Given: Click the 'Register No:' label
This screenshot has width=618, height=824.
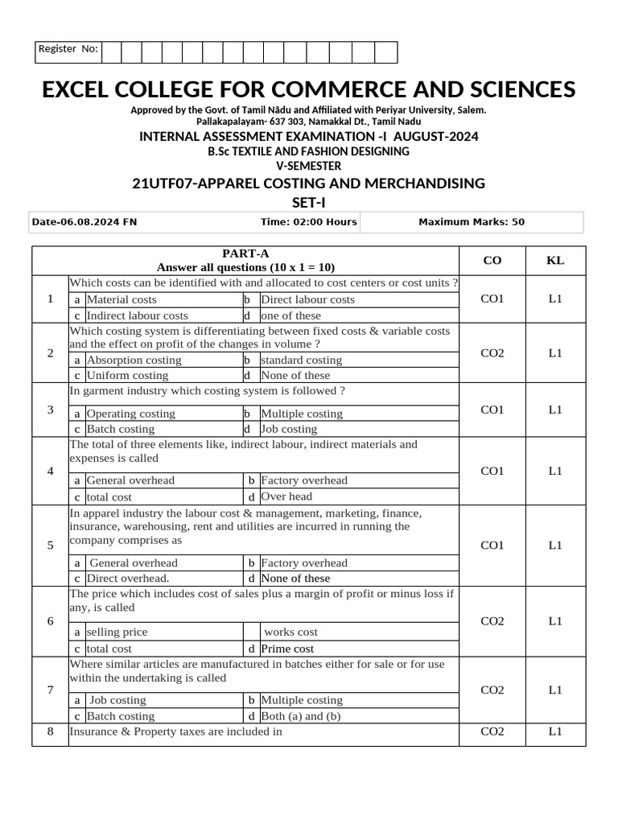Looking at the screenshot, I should (68, 50).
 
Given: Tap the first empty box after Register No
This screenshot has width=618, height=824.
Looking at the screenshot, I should (111, 51).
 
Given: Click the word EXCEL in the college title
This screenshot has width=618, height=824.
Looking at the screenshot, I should (88, 89).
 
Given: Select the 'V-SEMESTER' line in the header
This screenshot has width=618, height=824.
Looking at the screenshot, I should (308, 166).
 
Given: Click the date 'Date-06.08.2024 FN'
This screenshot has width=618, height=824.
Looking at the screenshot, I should (85, 222).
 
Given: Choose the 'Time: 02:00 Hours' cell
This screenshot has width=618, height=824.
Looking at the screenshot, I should (308, 222).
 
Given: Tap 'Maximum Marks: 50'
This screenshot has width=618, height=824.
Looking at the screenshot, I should (472, 222).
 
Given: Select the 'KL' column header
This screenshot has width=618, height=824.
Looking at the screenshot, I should (555, 260).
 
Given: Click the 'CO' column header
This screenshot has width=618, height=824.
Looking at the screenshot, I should (492, 260).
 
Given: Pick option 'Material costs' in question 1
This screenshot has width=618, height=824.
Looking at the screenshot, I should (122, 299).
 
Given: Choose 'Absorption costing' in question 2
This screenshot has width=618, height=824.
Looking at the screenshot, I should (134, 360).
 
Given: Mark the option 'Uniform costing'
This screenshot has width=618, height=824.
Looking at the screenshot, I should (127, 375).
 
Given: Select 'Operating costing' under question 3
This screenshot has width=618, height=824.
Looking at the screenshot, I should (130, 414).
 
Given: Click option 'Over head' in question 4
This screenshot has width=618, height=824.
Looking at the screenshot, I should (286, 496).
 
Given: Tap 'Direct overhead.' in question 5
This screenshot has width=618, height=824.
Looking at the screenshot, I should (128, 578).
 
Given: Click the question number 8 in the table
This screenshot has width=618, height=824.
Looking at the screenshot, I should (50, 731).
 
